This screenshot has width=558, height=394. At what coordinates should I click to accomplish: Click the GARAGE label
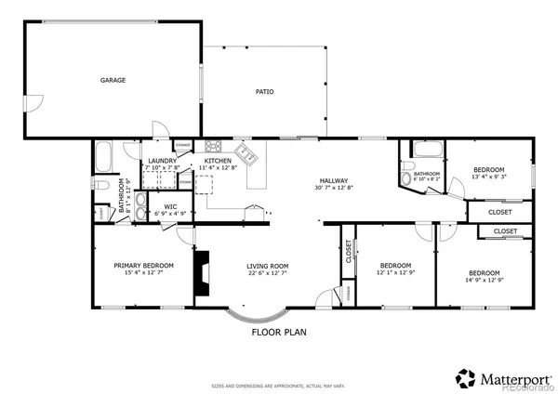coord(113,81)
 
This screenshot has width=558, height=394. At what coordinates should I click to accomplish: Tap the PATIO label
coord(264,92)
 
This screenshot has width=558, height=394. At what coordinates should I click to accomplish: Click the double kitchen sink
coord(245,152)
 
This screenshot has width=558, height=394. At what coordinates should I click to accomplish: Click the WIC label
coord(170,206)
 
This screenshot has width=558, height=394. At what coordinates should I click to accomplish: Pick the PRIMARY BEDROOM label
coord(144,265)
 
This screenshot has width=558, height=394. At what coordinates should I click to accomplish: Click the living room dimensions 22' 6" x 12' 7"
coord(265,273)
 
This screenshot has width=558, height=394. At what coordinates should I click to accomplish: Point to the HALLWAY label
coord(333,181)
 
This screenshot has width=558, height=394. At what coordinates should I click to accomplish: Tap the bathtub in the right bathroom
coord(428,149)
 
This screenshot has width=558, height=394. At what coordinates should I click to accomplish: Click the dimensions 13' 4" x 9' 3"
coord(488,177)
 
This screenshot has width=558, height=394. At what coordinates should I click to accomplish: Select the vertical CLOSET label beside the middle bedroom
coord(349,253)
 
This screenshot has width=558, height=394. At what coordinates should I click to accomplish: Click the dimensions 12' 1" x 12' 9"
coord(395,273)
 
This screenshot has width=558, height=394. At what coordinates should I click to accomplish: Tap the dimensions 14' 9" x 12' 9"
coord(484,281)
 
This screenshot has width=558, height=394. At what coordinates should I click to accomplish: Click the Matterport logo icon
coord(465,377)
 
